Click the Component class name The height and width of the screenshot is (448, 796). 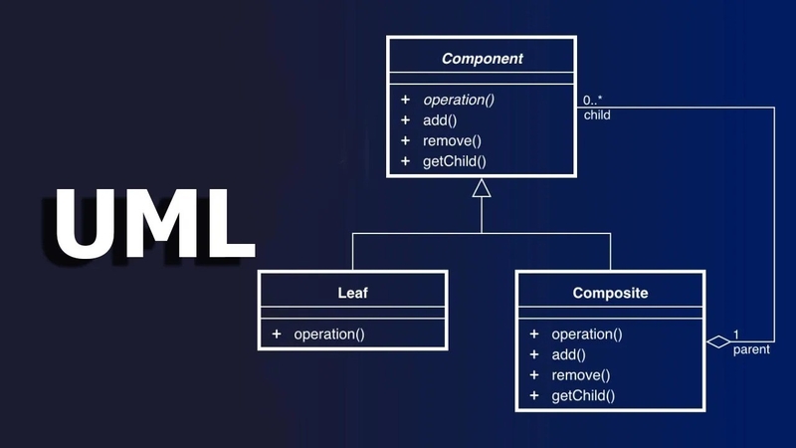click(x=482, y=59)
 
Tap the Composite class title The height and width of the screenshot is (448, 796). click(x=610, y=293)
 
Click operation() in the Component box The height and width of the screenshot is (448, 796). click(x=459, y=100)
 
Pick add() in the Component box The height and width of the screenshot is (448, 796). click(x=440, y=120)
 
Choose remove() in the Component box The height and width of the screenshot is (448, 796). click(x=452, y=140)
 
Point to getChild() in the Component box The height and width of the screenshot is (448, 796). click(x=455, y=161)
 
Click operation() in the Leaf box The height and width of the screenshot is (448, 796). click(x=329, y=335)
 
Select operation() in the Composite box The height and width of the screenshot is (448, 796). click(x=587, y=335)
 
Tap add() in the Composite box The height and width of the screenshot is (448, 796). click(x=568, y=354)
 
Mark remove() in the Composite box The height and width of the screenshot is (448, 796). click(x=580, y=375)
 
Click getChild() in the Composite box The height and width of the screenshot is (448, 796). click(x=583, y=395)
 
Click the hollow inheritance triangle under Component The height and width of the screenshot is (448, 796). click(x=482, y=188)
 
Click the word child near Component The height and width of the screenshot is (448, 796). click(x=597, y=114)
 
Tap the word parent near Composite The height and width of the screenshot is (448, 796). click(x=750, y=350)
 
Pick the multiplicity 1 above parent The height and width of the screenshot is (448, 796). click(x=736, y=335)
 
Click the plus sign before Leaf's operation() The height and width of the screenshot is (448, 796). click(x=276, y=335)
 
